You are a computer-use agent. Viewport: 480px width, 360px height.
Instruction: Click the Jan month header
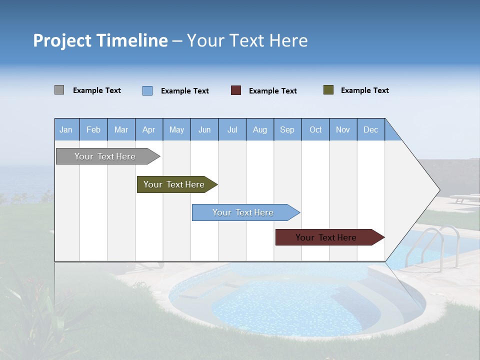tap(66, 129)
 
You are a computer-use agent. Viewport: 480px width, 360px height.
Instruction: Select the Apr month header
tap(149, 129)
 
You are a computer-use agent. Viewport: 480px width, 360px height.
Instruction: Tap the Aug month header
tap(260, 129)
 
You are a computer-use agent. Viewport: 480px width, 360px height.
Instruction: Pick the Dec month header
tap(371, 129)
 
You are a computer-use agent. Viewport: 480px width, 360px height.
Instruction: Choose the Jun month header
tap(204, 129)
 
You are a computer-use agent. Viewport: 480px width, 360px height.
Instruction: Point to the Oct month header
tap(315, 129)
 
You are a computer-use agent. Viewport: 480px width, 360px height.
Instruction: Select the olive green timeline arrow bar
tap(175, 184)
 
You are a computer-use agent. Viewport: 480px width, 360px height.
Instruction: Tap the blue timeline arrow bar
tap(244, 212)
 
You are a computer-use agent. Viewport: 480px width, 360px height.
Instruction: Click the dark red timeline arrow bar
tap(327, 237)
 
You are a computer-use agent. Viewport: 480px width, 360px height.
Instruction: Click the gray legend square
tap(59, 90)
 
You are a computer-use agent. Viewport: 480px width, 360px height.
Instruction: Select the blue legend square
tap(147, 90)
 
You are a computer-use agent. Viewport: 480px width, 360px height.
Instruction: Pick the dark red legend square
tap(236, 90)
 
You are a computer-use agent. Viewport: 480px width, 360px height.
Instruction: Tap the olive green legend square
tap(328, 90)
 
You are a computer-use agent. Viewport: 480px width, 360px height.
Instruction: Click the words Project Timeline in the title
tap(100, 40)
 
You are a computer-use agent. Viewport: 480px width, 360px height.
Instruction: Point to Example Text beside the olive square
tap(364, 90)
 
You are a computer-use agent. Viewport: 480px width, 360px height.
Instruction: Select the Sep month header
tap(287, 129)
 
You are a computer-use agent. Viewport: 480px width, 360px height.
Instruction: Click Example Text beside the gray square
tap(97, 90)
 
